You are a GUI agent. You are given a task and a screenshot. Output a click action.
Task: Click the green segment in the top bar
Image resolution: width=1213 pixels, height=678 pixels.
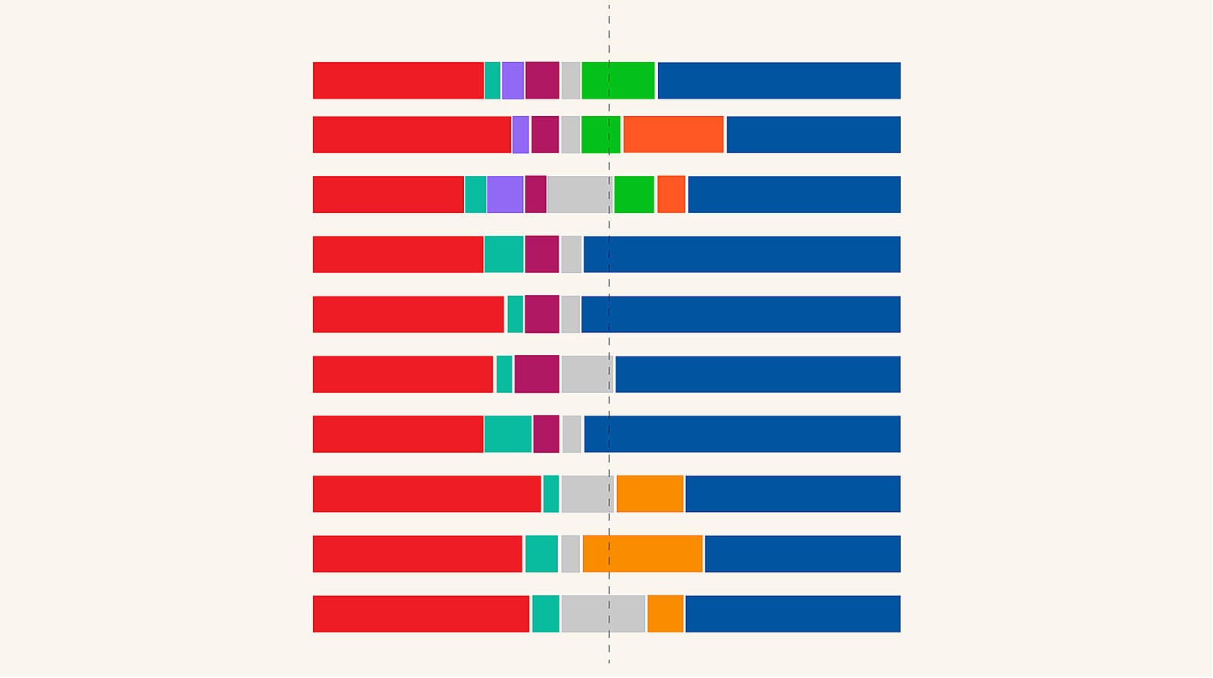click(618, 80)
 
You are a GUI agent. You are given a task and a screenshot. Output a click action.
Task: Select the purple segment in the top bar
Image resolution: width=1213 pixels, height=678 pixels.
click(512, 80)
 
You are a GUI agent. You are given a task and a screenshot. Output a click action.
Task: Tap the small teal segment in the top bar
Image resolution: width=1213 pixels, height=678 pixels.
click(493, 80)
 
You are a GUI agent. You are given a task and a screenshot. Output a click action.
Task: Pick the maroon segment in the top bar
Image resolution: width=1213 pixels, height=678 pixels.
click(542, 80)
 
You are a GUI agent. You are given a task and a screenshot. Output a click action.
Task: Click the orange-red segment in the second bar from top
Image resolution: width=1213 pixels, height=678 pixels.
click(673, 134)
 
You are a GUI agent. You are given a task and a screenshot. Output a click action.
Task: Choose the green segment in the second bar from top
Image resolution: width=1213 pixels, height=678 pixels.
click(600, 134)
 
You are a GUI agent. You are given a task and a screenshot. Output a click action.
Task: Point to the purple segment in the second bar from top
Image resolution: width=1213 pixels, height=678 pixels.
click(521, 134)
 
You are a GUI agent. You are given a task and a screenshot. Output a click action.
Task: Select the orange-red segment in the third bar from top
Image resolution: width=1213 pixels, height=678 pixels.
click(671, 194)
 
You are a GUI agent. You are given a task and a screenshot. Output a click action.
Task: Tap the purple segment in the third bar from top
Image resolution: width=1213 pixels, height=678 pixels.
click(505, 194)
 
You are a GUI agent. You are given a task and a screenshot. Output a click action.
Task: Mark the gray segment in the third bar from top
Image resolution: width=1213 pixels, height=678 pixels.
click(579, 194)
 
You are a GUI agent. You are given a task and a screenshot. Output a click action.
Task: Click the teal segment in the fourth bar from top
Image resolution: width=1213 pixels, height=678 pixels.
click(504, 254)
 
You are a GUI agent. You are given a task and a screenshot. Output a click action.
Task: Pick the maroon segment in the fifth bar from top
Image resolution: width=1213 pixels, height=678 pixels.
click(542, 314)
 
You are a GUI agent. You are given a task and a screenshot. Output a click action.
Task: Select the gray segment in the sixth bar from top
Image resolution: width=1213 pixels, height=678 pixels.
click(587, 374)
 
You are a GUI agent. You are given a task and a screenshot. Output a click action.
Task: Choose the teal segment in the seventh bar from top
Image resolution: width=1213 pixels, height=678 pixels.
click(508, 434)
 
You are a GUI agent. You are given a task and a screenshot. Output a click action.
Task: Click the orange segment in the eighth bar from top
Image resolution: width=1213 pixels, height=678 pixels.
click(650, 494)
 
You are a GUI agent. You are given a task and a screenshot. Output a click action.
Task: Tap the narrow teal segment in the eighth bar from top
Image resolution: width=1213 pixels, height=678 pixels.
click(551, 494)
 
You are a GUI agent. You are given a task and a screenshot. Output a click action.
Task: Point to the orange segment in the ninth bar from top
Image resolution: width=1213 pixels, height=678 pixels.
click(643, 554)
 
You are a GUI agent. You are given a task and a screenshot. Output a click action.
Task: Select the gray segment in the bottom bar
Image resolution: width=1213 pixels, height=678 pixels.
click(603, 614)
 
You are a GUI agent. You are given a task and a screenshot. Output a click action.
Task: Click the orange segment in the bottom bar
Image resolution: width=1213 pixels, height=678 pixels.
click(666, 614)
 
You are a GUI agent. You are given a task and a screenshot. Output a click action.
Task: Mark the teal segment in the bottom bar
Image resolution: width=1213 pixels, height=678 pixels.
click(546, 614)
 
